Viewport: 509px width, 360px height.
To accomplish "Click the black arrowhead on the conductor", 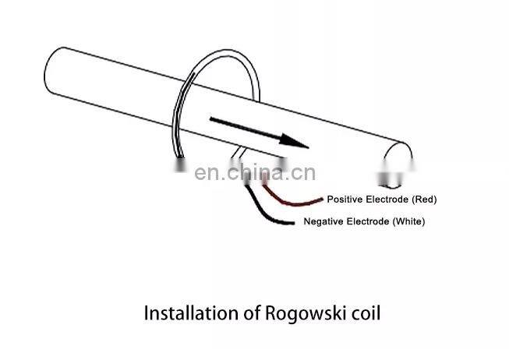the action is (296, 141).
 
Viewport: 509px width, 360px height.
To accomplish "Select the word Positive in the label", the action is (345, 199).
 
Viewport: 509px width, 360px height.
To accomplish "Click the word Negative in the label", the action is (322, 222).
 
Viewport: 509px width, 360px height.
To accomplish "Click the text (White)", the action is (408, 222).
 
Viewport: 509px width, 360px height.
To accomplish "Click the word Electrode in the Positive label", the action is (386, 199).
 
